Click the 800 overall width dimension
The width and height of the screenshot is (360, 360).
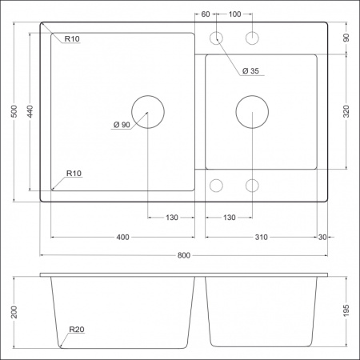tap(183, 256)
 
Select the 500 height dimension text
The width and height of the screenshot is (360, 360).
tap(13, 114)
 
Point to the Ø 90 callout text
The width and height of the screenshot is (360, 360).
tap(122, 124)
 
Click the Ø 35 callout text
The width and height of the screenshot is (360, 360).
tap(250, 71)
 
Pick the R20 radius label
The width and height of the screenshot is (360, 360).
tap(77, 330)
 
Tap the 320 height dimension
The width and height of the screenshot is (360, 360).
tap(347, 112)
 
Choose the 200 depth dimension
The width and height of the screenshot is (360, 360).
tap(13, 311)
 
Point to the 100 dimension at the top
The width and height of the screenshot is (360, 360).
tap(234, 15)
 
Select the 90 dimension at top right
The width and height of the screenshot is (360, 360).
tap(347, 37)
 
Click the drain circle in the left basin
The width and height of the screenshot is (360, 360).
tap(148, 112)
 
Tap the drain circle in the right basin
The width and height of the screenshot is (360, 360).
tap(252, 112)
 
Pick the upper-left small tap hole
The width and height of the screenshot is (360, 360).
tap(216, 38)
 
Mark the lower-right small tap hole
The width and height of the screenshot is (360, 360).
tap(252, 186)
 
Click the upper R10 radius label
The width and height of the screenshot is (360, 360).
tap(71, 39)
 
